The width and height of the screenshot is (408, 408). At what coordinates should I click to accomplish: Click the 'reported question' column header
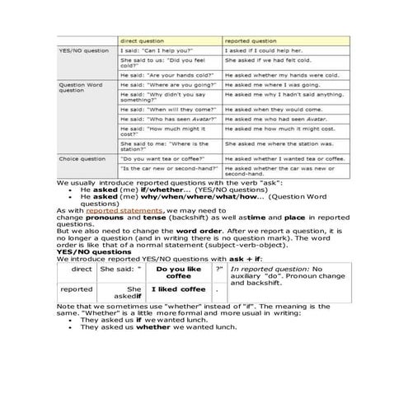(251, 40)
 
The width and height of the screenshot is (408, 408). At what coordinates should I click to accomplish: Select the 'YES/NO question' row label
(83, 51)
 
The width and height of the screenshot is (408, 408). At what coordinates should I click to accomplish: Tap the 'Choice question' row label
(82, 158)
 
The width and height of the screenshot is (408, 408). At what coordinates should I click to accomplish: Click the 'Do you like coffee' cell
(178, 273)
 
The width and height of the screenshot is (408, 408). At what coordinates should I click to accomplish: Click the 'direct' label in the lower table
(82, 269)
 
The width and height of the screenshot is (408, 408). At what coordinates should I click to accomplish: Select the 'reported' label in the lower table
(77, 290)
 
